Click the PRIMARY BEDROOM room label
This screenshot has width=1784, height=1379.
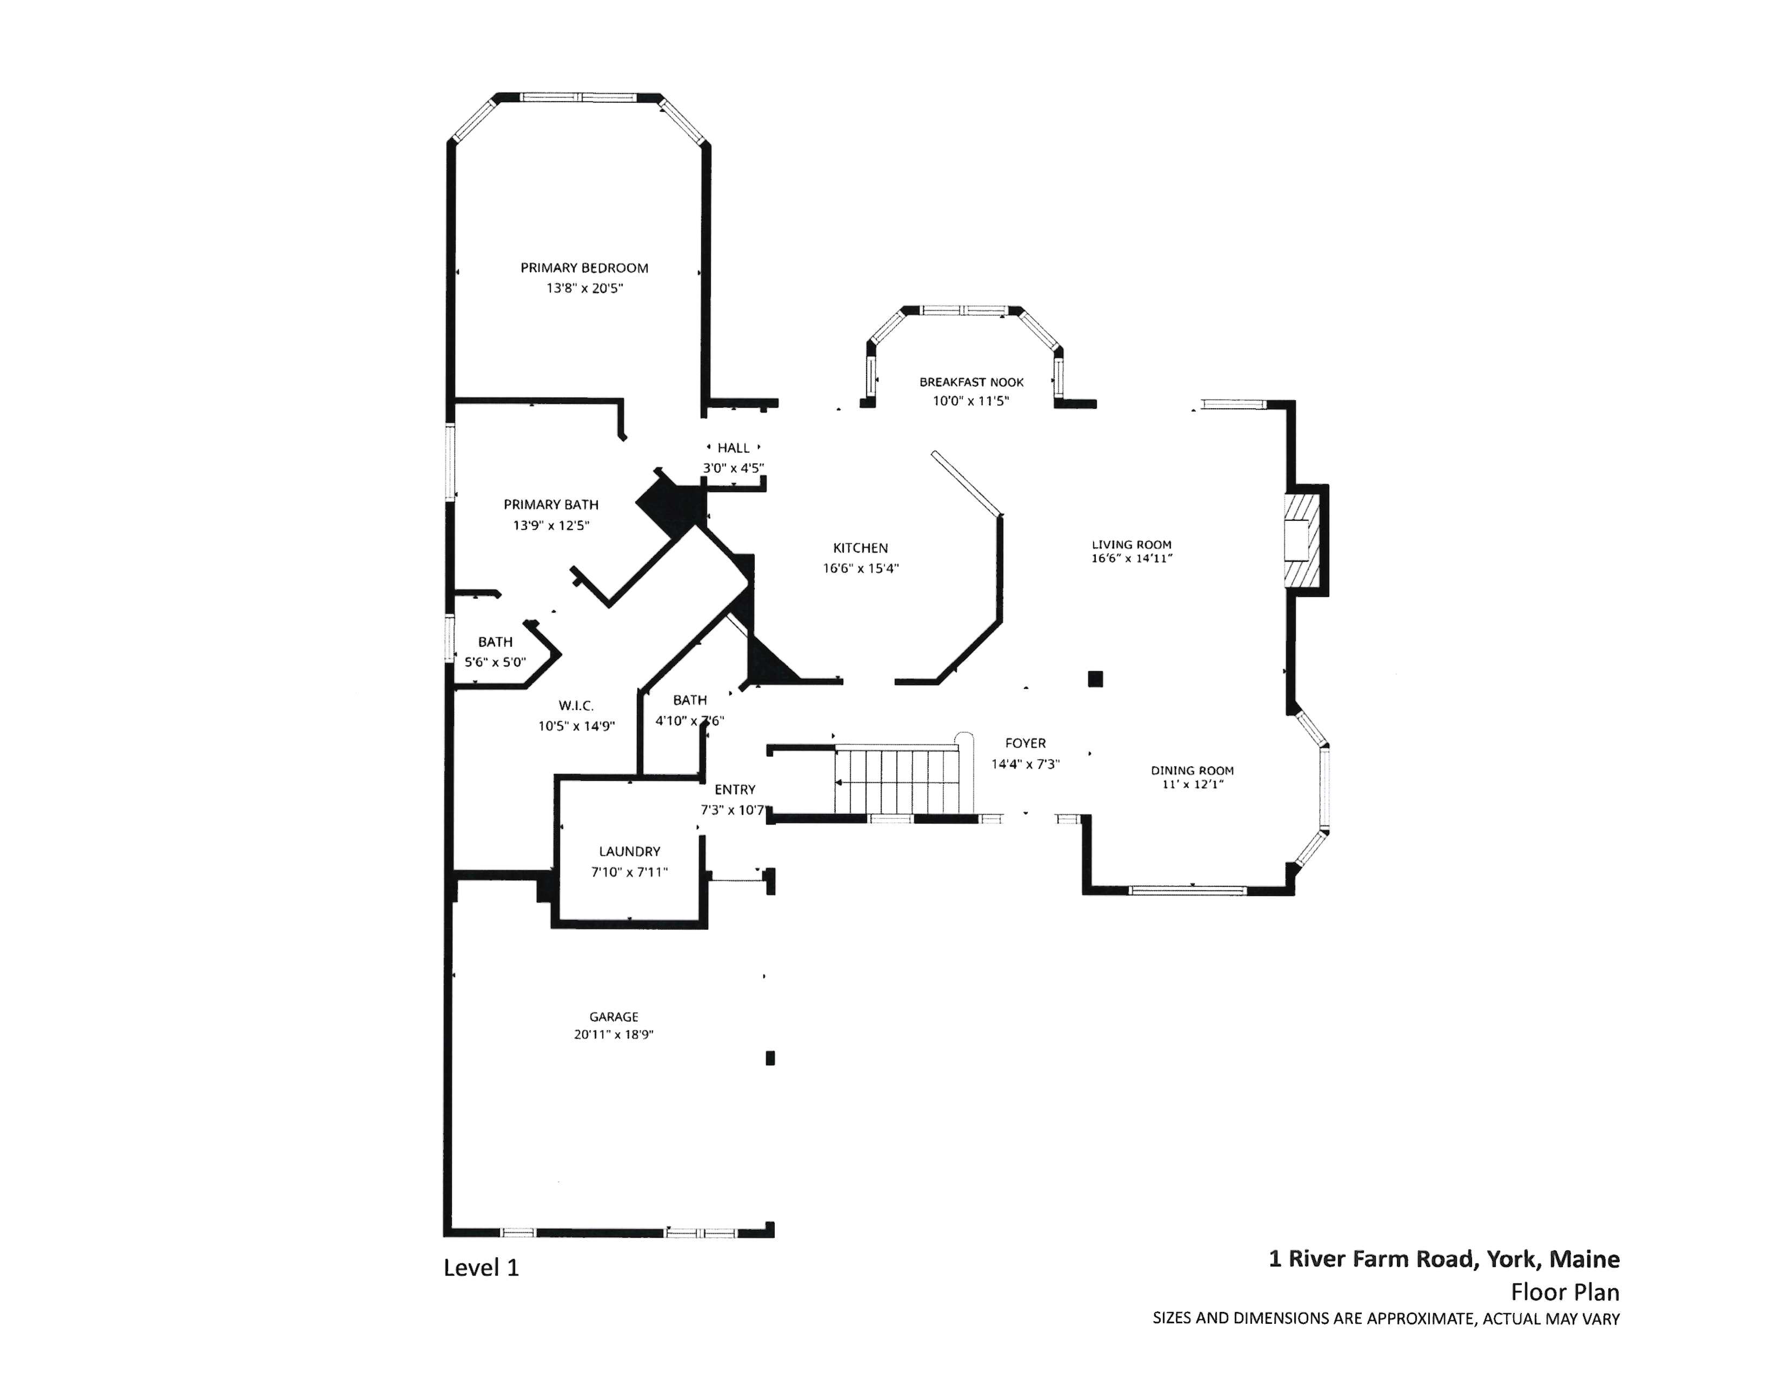[584, 268]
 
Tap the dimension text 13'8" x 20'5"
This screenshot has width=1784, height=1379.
[584, 288]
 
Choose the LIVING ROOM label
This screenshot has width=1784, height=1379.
[1131, 544]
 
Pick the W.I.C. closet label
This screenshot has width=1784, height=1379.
[576, 706]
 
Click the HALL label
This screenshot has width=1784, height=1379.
[733, 448]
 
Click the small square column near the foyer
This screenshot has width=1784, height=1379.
[1095, 679]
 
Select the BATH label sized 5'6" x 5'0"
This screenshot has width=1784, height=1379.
[495, 642]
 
